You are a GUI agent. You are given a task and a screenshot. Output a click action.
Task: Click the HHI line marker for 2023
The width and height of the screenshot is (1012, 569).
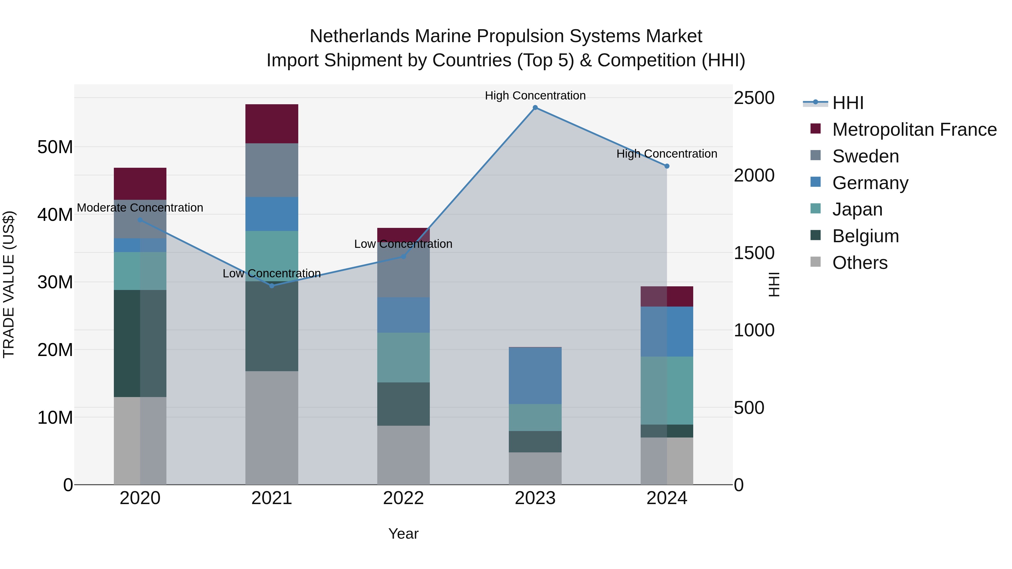tap(535, 108)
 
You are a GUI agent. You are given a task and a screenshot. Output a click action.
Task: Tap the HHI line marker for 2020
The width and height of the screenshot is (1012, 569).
tap(140, 220)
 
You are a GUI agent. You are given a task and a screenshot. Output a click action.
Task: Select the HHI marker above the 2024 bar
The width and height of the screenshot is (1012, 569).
tap(667, 166)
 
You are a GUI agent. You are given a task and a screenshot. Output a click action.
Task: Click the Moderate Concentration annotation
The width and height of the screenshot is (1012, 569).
tap(140, 208)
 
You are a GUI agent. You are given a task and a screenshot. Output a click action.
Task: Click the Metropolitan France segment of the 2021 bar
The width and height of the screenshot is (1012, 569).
tap(272, 124)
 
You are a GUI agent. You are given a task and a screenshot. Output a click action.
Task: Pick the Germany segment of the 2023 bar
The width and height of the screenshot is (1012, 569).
tap(535, 375)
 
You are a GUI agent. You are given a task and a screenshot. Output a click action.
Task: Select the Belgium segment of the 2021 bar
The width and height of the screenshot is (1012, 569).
tap(272, 326)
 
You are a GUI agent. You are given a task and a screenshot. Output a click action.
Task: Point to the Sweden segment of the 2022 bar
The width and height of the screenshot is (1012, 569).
tap(403, 275)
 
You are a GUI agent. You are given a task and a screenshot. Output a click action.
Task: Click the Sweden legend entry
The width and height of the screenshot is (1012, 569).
tap(866, 156)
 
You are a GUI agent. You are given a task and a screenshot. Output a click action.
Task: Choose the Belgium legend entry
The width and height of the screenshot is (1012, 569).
tap(866, 236)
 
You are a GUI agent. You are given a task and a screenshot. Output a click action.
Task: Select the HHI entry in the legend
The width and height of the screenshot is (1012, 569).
tap(848, 103)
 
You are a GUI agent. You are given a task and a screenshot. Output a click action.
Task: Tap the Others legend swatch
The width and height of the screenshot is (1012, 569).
tap(816, 262)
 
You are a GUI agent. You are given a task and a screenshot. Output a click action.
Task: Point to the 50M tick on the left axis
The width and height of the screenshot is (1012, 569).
tap(55, 147)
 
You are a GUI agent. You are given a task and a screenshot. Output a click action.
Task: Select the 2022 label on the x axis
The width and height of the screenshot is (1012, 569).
tap(403, 498)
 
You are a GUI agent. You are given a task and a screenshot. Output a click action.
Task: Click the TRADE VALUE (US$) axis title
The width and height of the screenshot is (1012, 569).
tap(9, 284)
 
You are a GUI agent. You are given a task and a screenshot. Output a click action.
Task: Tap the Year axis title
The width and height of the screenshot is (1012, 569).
tap(403, 534)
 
